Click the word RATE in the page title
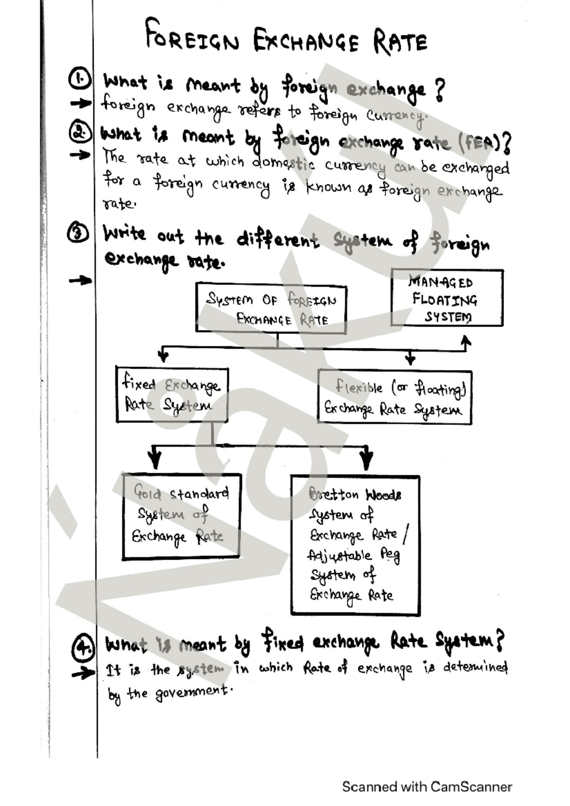(400, 41)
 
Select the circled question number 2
(79, 132)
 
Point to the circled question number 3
(78, 233)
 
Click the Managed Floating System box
(446, 298)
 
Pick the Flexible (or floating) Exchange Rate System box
(394, 398)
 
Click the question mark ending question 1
(440, 90)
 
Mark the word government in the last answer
(193, 692)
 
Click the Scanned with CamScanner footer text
(427, 787)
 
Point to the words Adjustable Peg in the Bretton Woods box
(353, 555)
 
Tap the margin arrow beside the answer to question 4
(83, 673)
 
